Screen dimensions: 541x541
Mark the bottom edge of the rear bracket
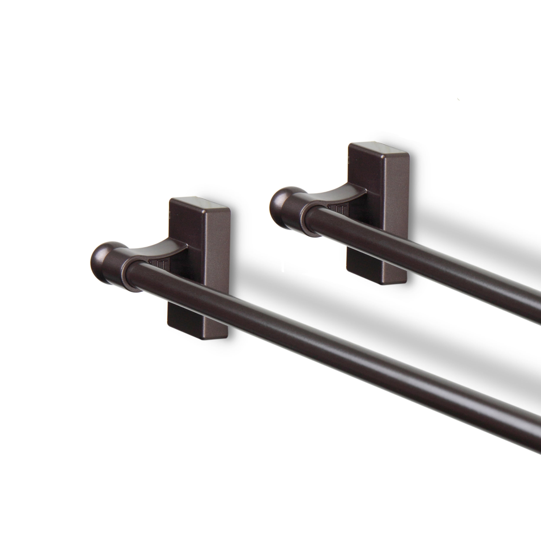[375, 281]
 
